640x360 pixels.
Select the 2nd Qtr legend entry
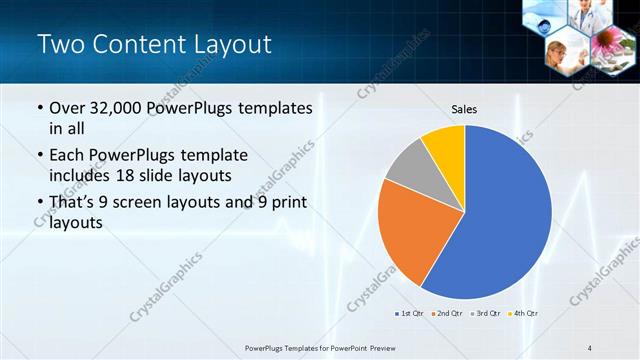click(444, 314)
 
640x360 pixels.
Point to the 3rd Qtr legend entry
click(484, 314)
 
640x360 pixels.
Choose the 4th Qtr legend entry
click(522, 314)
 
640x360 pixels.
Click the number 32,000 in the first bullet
click(117, 108)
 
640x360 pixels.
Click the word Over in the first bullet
click(67, 108)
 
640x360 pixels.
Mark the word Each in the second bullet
click(68, 155)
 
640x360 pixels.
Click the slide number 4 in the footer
click(589, 347)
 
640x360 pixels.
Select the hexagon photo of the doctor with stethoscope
click(590, 15)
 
